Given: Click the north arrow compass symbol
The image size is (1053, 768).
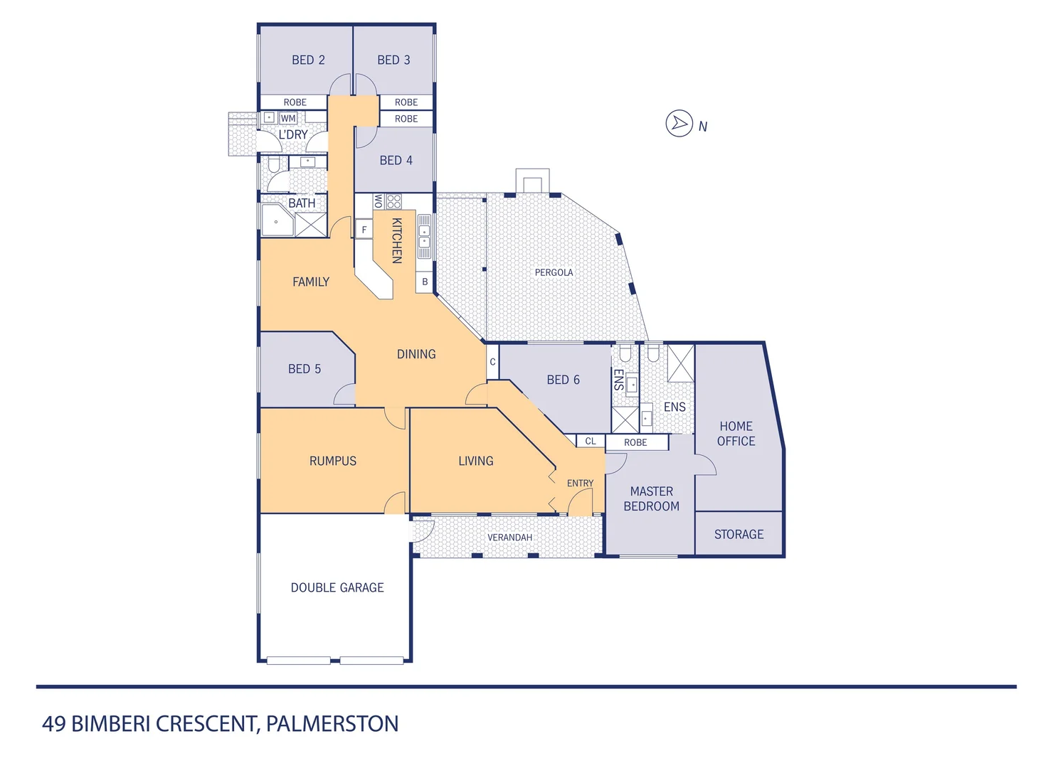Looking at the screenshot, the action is pyautogui.click(x=679, y=124).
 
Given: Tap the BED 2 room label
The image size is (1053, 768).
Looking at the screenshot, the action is pyautogui.click(x=308, y=60).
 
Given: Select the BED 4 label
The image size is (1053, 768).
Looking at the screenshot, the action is pyautogui.click(x=396, y=160).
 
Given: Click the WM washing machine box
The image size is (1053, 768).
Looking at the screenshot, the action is pyautogui.click(x=288, y=118).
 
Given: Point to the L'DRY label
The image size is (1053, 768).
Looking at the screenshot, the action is pyautogui.click(x=292, y=134).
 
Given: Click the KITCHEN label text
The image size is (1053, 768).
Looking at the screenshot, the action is pyautogui.click(x=397, y=240).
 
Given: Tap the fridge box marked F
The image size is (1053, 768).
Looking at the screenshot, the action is pyautogui.click(x=364, y=230).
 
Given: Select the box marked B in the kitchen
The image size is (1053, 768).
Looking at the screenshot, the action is pyautogui.click(x=425, y=282).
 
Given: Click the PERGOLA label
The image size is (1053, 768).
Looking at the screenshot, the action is pyautogui.click(x=554, y=272).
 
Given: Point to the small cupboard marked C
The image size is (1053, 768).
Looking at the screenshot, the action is pyautogui.click(x=492, y=362).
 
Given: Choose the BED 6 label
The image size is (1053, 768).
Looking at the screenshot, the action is pyautogui.click(x=563, y=380).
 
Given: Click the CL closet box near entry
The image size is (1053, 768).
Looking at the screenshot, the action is pyautogui.click(x=591, y=441).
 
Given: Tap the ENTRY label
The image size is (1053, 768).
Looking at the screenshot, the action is pyautogui.click(x=580, y=483).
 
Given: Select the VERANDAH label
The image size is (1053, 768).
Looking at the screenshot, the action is pyautogui.click(x=509, y=537).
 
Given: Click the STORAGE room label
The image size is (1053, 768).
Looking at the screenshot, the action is pyautogui.click(x=739, y=534).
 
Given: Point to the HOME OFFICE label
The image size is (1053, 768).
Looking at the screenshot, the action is pyautogui.click(x=736, y=434).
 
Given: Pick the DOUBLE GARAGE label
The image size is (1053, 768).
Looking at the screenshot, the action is pyautogui.click(x=337, y=587).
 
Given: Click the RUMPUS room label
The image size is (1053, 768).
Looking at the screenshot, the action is pyautogui.click(x=332, y=461).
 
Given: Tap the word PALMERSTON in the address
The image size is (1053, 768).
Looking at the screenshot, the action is pyautogui.click(x=332, y=724).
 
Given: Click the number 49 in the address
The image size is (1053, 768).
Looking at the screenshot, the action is pyautogui.click(x=54, y=724).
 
